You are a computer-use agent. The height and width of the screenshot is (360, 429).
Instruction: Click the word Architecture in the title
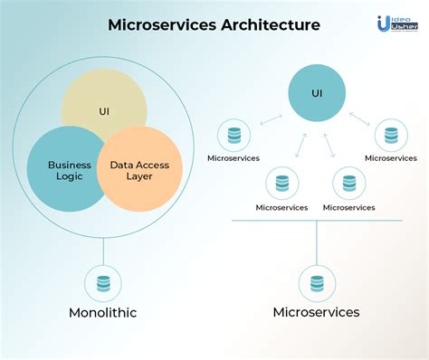click(269, 25)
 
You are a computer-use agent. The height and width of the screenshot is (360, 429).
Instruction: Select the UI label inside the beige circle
click(104, 111)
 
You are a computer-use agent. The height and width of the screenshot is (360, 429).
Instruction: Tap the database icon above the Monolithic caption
click(103, 282)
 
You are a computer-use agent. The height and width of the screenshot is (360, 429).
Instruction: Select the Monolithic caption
click(103, 314)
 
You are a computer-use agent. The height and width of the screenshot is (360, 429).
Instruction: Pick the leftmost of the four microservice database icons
click(234, 137)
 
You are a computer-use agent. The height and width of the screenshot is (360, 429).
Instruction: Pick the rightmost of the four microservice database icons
click(390, 137)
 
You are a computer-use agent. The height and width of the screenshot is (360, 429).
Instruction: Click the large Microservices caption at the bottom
click(316, 312)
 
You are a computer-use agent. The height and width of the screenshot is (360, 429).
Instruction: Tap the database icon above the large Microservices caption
click(316, 282)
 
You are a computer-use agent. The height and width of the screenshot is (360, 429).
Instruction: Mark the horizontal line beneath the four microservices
click(316, 220)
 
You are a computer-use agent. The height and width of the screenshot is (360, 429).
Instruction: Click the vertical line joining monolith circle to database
click(103, 250)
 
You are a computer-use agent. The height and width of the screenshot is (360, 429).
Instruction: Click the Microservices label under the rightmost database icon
click(390, 158)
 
